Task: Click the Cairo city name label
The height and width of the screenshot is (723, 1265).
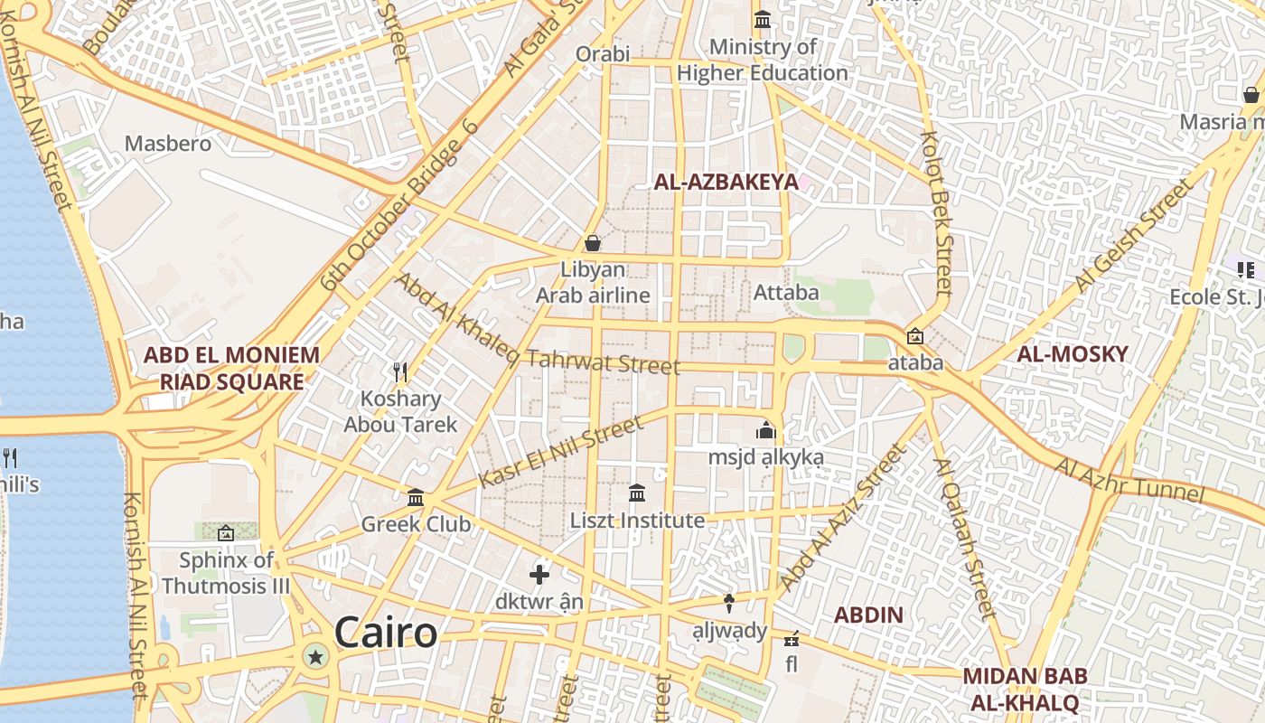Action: pyautogui.click(x=386, y=633)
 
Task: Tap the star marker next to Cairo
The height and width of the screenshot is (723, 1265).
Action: pyautogui.click(x=315, y=657)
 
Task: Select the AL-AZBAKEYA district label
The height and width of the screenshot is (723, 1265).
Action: pyautogui.click(x=726, y=182)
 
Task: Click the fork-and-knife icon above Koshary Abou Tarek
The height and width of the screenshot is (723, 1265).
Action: pyautogui.click(x=401, y=371)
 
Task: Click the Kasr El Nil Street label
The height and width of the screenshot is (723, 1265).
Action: pyautogui.click(x=561, y=451)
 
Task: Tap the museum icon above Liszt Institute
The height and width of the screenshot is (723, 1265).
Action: pyautogui.click(x=637, y=493)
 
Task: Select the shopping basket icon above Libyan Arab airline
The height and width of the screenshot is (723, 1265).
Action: pyautogui.click(x=593, y=243)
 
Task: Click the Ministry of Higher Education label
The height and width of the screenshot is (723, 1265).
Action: pyautogui.click(x=763, y=60)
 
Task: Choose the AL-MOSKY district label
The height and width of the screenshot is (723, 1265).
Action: pyautogui.click(x=1073, y=354)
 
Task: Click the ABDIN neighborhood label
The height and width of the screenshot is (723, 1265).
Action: pyautogui.click(x=868, y=615)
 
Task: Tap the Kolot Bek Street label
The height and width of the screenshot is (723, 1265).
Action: pyautogui.click(x=936, y=213)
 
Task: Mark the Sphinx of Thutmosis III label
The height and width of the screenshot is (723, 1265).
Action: pyautogui.click(x=226, y=572)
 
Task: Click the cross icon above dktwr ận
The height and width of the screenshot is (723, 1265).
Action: pyautogui.click(x=539, y=574)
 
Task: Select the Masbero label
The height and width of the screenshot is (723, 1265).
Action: pyautogui.click(x=168, y=144)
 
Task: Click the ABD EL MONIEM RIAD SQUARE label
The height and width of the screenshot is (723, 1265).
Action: pyautogui.click(x=232, y=368)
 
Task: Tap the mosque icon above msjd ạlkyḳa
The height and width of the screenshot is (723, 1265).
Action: pyautogui.click(x=766, y=430)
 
